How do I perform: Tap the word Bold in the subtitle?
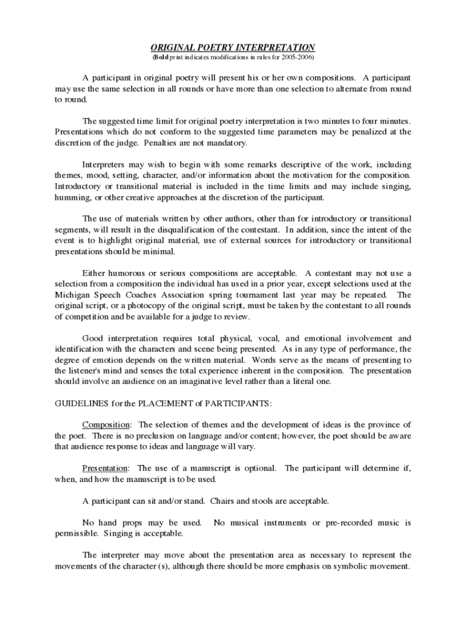point(160,58)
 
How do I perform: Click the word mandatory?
point(226,143)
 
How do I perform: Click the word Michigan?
point(71,294)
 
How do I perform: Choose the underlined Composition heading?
point(106,424)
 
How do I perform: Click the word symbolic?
point(347,567)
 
